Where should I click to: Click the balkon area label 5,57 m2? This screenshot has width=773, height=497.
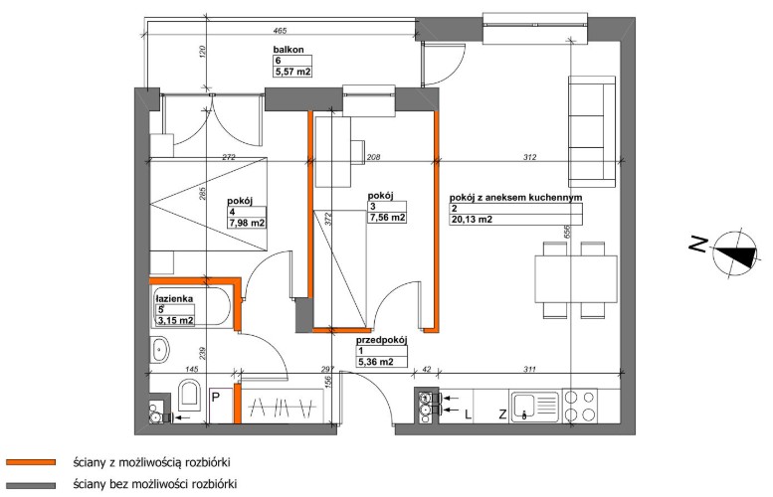tap(292, 72)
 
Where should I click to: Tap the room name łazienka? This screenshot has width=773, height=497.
tap(174, 298)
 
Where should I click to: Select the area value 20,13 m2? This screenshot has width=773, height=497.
tap(472, 220)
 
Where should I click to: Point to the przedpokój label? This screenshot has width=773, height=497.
tap(382, 340)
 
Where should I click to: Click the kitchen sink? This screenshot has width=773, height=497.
tap(534, 407)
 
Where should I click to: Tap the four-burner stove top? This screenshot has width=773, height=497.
tap(580, 406)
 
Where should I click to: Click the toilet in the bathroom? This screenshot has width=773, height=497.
tap(189, 395)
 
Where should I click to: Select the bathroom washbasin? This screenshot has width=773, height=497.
tap(159, 350)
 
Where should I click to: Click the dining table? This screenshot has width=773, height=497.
tap(576, 278)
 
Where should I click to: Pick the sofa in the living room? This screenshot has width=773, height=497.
tap(592, 131)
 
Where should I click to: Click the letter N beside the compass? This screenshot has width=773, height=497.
tap(698, 245)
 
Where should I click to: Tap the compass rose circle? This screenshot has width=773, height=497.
tap(735, 253)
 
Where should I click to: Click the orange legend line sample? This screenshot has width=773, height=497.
tap(31, 462)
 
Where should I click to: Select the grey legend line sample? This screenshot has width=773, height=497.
tap(31, 485)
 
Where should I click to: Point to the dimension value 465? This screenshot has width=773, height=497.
tap(280, 31)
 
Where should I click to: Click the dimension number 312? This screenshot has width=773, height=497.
tap(529, 157)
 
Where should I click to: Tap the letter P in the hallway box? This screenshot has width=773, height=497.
tap(216, 397)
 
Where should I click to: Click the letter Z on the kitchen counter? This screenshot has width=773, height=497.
tap(502, 414)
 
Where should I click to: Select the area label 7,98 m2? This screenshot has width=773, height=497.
tap(247, 223)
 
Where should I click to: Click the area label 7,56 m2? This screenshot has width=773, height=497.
tap(387, 218)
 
